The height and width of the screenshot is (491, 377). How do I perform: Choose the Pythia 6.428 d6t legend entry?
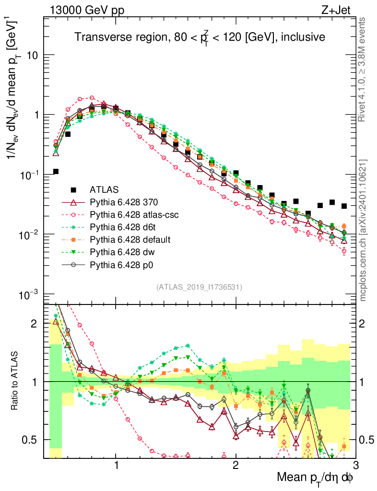point(123,227)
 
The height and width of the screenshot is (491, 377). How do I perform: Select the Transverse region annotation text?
point(200,37)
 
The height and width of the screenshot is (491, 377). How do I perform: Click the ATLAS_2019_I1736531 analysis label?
point(199,287)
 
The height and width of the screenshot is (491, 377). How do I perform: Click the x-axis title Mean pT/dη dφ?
point(316,478)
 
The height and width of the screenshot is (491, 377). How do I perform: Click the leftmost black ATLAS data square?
point(56,171)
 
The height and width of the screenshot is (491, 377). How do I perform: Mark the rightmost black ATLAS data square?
point(344,206)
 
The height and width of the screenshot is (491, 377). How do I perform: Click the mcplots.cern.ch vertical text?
point(364,230)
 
